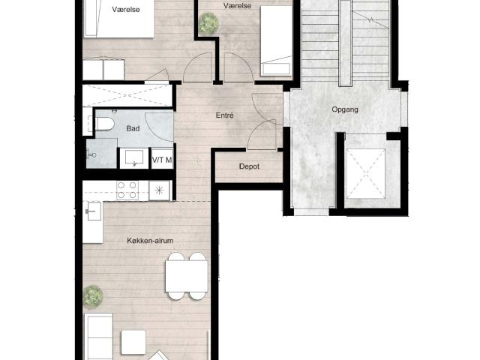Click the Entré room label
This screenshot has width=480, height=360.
pyautogui.click(x=225, y=115)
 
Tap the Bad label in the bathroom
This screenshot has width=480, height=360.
pyautogui.click(x=133, y=128)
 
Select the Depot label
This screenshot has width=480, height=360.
pyautogui.click(x=249, y=166)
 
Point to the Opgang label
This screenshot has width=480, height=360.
pyautogui.click(x=345, y=109)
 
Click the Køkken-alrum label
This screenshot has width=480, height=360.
pyautogui.click(x=150, y=241)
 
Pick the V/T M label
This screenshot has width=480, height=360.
pyautogui.click(x=162, y=160)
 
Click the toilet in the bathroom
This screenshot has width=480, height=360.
pyautogui.click(x=104, y=124)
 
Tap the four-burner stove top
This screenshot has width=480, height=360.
pyautogui.click(x=127, y=190)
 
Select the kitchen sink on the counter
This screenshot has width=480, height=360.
pyautogui.click(x=94, y=211)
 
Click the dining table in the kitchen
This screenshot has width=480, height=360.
pyautogui.click(x=187, y=276)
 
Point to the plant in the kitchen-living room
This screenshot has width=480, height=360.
pyautogui.click(x=92, y=296)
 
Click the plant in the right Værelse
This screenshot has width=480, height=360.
pyautogui.click(x=208, y=22)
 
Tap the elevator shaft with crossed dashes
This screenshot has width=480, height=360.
pyautogui.click(x=366, y=173)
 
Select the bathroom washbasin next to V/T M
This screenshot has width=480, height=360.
pyautogui.click(x=134, y=158)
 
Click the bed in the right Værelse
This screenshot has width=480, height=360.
pyautogui.click(x=276, y=40)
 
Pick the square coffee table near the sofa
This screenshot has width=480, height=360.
pyautogui.click(x=133, y=343)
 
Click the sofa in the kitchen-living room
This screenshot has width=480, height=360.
pyautogui.click(x=98, y=337)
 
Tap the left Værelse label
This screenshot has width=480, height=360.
pyautogui.click(x=126, y=10)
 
